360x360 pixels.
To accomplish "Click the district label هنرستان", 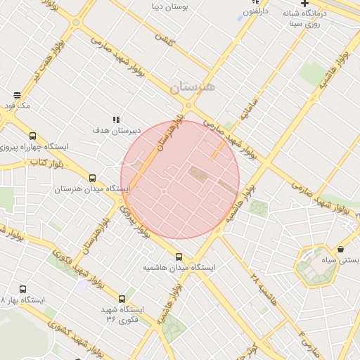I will click(195, 87).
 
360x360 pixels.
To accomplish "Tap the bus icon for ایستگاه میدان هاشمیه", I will click(179, 257).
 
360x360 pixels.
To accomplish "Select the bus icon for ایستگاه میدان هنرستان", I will click(93, 179).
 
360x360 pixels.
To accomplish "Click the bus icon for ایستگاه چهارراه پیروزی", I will click(32, 136).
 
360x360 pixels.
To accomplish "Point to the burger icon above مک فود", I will click(16, 95).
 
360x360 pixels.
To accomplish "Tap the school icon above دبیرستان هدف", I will click(117, 120).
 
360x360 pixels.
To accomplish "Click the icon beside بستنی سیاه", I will click(341, 249).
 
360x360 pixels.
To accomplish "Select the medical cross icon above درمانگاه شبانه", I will click(304, 4).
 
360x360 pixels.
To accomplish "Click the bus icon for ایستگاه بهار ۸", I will click(23, 289).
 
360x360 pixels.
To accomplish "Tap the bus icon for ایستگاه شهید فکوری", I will click(122, 299).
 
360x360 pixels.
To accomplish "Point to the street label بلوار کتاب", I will click(42, 162).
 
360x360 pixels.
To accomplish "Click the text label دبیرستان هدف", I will click(117, 131).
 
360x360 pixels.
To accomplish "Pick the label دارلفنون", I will click(256, 12).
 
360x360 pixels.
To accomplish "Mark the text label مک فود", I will click(16, 105).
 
